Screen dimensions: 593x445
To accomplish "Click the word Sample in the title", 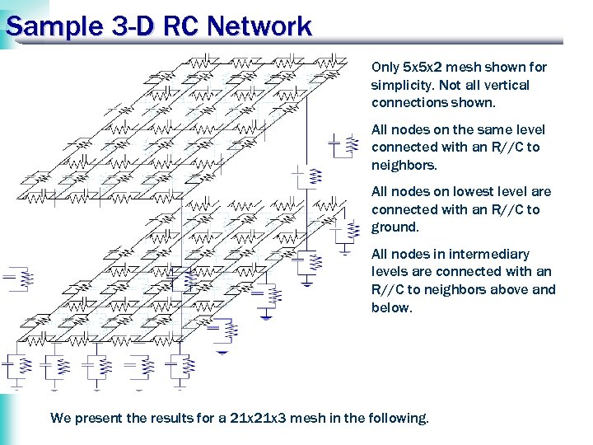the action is pyautogui.click(x=52, y=26).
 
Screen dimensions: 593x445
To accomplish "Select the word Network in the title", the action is pyautogui.click(x=261, y=26).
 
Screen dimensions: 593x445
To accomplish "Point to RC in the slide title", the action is pyautogui.click(x=183, y=26).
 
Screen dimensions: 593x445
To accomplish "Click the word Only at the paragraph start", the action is pyautogui.click(x=385, y=67).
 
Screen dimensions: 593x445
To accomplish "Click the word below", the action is pyautogui.click(x=390, y=307).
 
